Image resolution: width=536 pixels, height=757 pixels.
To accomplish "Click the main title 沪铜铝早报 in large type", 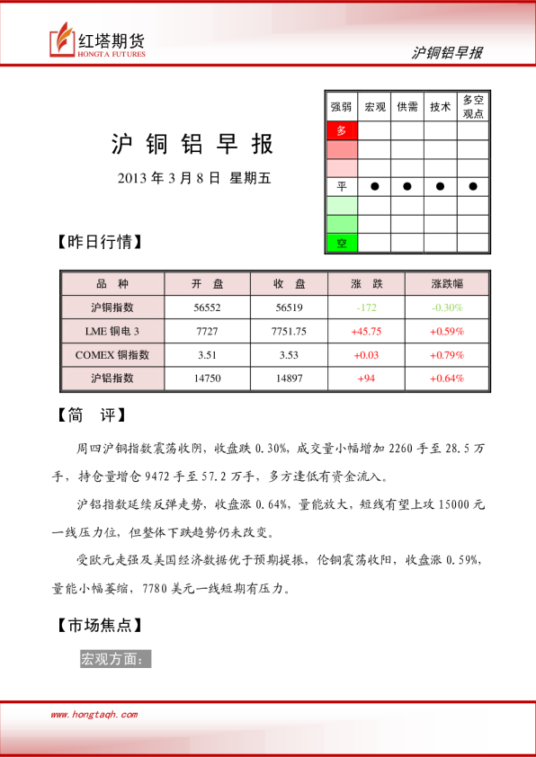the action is pyautogui.click(x=192, y=145).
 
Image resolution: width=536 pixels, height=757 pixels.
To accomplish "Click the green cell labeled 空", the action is pyautogui.click(x=341, y=243).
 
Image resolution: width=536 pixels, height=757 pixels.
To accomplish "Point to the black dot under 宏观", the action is pyautogui.click(x=374, y=186).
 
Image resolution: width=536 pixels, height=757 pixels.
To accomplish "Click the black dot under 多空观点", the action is pyautogui.click(x=473, y=186).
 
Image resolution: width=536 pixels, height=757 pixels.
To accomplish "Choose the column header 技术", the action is pyautogui.click(x=440, y=106).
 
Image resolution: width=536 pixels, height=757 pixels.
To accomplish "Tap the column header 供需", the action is pyautogui.click(x=407, y=106).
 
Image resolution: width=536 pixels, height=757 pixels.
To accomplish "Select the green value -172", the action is pyautogui.click(x=368, y=307).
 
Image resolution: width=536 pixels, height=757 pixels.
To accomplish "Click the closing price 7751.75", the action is pyautogui.click(x=289, y=331).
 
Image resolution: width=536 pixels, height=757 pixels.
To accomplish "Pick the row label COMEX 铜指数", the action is pyautogui.click(x=112, y=355).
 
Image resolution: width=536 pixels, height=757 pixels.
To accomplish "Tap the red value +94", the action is pyautogui.click(x=367, y=378).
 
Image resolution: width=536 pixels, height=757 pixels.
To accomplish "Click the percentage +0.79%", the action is pyautogui.click(x=447, y=355).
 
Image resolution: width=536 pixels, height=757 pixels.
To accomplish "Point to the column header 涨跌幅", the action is pyautogui.click(x=447, y=283).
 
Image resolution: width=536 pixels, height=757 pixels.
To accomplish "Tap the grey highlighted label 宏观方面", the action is pyautogui.click(x=116, y=659).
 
